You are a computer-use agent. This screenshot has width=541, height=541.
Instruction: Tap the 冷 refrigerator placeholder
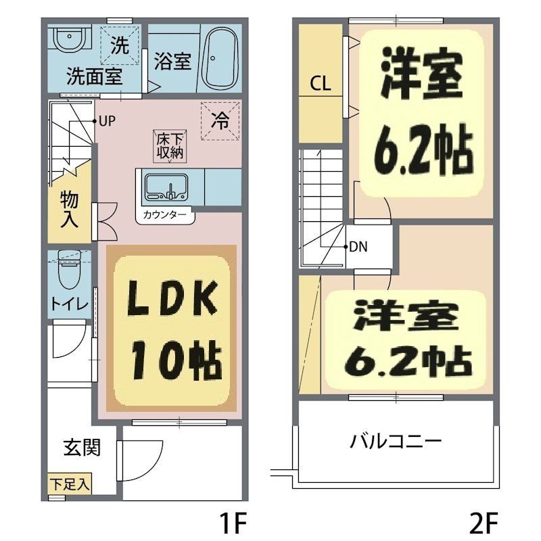click(220, 120)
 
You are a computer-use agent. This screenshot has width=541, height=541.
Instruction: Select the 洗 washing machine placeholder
click(120, 46)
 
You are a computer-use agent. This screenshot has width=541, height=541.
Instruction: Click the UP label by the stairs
click(107, 122)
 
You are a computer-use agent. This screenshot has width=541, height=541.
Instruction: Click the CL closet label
click(320, 84)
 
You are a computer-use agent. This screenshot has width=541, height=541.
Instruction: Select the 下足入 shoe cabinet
click(70, 485)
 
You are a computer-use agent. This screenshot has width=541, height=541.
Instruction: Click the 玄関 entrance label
click(83, 447)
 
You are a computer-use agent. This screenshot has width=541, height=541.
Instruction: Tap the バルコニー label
click(396, 443)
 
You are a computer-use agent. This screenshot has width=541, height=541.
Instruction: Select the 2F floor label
click(483, 523)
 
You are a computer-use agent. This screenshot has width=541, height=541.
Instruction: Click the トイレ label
click(69, 304)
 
